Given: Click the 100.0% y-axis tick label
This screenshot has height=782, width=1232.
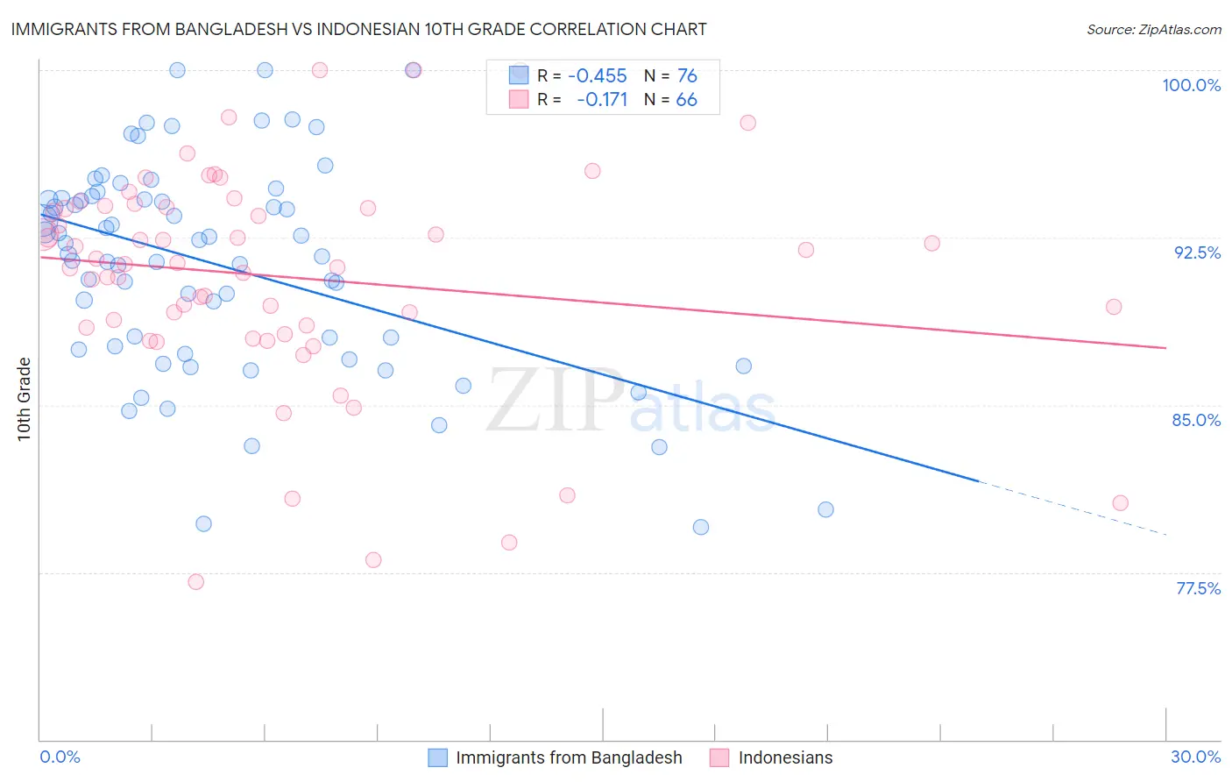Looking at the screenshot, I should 1191,85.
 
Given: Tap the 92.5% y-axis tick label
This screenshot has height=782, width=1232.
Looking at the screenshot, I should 1197,252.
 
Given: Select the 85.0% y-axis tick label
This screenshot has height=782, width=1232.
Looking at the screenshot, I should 1196,420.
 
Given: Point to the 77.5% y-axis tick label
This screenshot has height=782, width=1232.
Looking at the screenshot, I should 1198,588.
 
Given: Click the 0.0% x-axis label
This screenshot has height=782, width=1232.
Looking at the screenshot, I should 60,757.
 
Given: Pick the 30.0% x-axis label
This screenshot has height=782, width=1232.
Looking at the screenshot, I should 1195,757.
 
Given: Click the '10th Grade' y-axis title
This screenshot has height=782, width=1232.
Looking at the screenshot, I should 24,399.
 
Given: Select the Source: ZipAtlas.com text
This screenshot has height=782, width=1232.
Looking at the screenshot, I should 1153,30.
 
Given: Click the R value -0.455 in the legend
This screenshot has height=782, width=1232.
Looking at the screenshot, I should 597,76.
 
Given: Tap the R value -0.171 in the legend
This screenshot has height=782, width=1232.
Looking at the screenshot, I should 602,100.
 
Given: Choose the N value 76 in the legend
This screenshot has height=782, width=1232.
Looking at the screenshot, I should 687,76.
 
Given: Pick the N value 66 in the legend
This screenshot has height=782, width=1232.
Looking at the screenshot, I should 686,100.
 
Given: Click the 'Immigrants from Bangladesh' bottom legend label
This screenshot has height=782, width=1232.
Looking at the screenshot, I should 569,758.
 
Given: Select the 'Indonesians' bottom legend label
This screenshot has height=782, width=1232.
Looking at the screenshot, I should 785,758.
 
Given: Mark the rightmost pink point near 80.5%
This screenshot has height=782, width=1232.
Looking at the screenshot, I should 1120,503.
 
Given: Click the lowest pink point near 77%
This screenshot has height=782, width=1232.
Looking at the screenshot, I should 196,582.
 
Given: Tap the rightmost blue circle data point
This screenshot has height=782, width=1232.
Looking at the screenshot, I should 825,509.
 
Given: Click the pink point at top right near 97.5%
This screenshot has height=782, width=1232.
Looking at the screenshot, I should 747,123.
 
